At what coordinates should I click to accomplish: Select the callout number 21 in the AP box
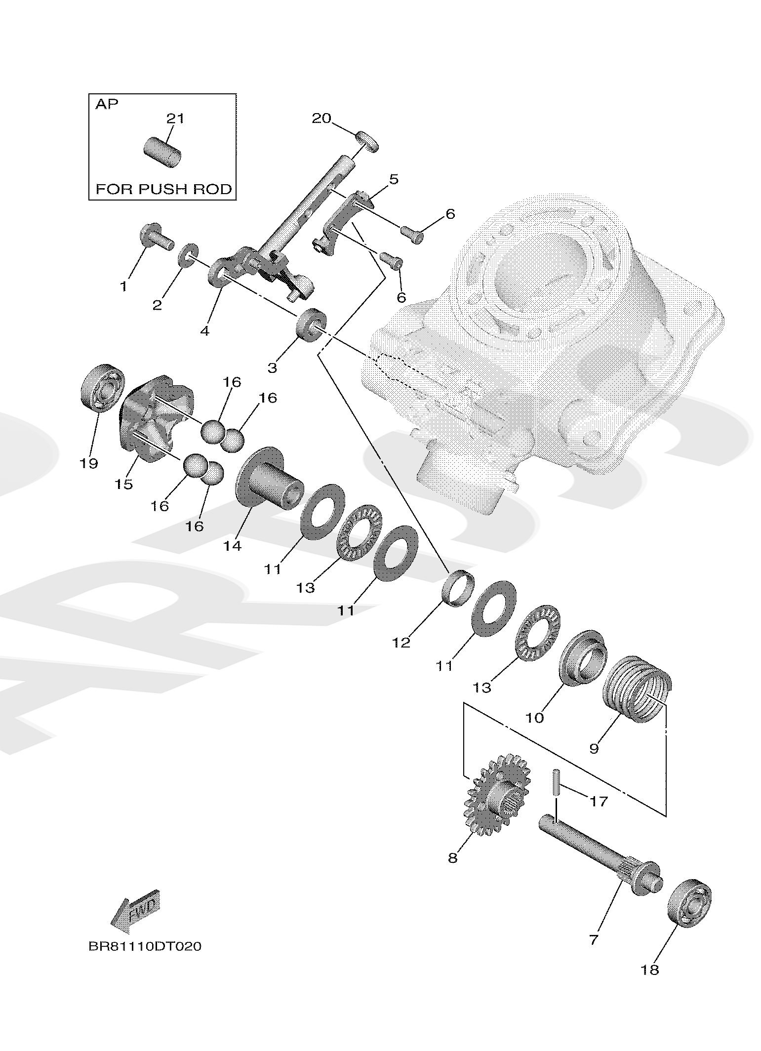tap(175, 119)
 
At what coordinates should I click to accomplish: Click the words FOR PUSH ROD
tap(163, 189)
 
